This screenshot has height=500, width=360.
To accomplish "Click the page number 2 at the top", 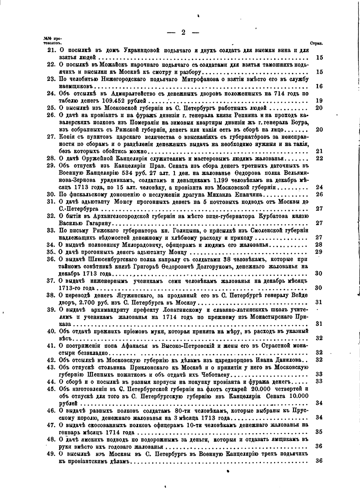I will click(183, 33).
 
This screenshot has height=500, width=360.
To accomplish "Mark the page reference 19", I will click(319, 100).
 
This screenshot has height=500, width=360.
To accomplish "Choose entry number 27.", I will click(51, 136).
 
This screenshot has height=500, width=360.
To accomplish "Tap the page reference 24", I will click(319, 187).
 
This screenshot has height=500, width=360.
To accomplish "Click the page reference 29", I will click(319, 251).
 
